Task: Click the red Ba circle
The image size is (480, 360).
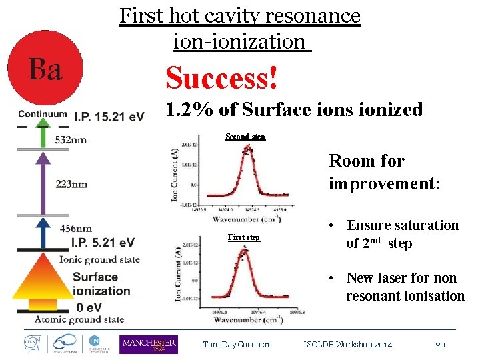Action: tap(45, 67)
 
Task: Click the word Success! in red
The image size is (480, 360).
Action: tap(221, 78)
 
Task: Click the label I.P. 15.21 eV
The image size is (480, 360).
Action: tap(109, 117)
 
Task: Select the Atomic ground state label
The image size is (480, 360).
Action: tap(79, 319)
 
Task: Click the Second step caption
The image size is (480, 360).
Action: tap(245, 137)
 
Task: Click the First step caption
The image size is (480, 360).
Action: tap(244, 237)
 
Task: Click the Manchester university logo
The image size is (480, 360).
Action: tap(149, 345)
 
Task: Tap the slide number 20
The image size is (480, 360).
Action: tap(440, 345)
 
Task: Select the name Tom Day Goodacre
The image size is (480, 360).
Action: tap(237, 345)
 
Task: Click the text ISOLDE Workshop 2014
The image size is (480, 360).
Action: tap(348, 345)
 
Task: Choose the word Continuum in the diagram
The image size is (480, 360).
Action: tap(43, 113)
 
